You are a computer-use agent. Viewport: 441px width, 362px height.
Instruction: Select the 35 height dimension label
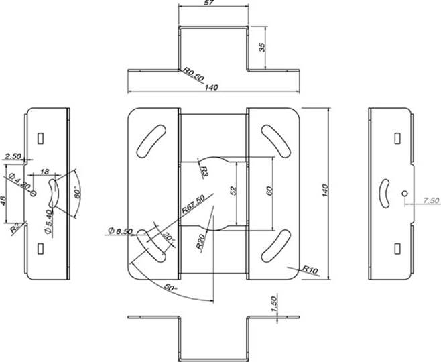pos(262,48)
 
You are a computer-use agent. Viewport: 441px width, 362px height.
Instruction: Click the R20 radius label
pos(200,242)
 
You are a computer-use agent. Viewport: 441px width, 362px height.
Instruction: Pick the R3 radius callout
pos(204,170)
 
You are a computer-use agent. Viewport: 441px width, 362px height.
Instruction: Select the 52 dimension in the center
pos(233,191)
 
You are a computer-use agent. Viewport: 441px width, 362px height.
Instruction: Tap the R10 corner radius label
pos(310,269)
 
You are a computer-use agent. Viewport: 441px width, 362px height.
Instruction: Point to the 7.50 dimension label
pos(432,200)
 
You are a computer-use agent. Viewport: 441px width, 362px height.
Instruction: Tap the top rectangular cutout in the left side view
pos(40,137)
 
